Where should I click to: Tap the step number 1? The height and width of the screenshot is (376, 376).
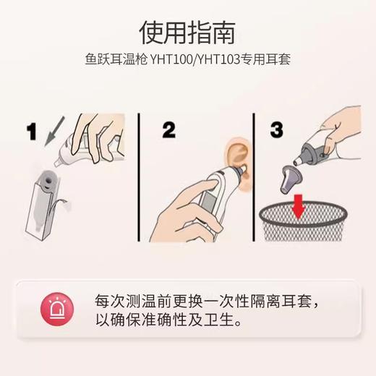(x=31, y=132)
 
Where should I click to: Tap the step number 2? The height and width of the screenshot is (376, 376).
(x=168, y=130)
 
